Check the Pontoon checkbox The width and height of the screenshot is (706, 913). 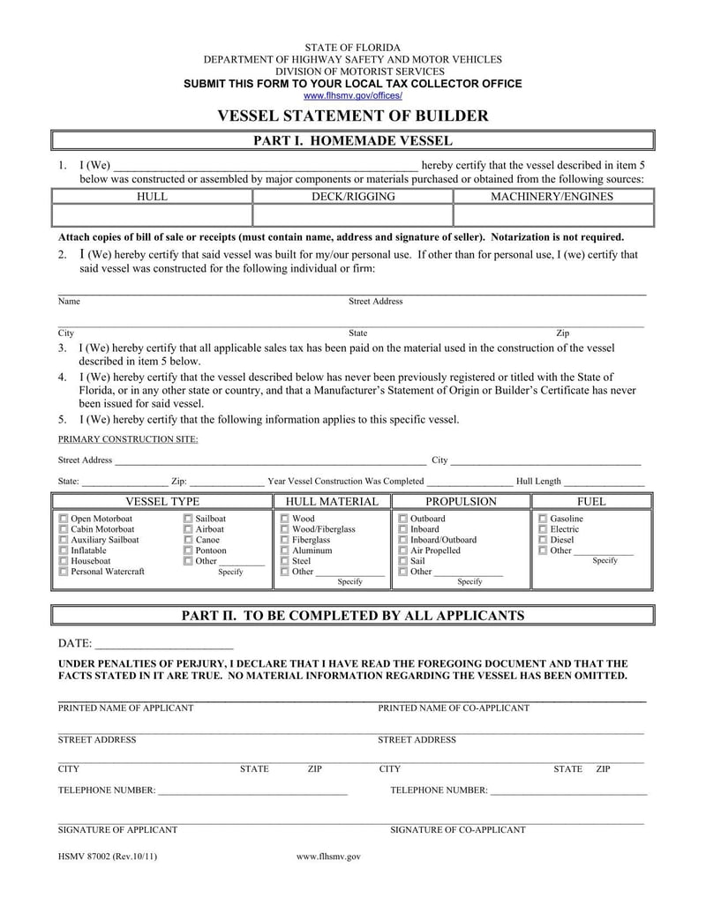coord(188,550)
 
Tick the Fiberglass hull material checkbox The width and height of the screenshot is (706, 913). coord(284,540)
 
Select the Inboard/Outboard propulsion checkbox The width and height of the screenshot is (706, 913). coord(402,540)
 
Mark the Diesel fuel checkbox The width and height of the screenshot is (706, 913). coord(543,540)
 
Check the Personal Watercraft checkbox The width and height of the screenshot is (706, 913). coord(63,572)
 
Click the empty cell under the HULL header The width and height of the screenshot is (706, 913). coord(153,216)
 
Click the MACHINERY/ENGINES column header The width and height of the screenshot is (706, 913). coord(552,197)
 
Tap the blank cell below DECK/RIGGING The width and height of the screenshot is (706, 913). coord(352,216)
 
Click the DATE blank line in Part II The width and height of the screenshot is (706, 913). coord(163,645)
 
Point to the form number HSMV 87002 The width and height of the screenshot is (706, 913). coord(108,857)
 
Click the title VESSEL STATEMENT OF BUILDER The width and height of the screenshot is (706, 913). coord(352,116)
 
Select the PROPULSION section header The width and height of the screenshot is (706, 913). coord(461,502)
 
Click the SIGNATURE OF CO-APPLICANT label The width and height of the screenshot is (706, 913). coord(457,830)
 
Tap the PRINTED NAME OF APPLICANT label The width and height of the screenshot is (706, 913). coord(125,708)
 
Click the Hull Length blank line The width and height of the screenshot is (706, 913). coord(604,482)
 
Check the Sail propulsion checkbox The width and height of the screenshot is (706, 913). coord(402,561)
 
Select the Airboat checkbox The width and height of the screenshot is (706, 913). coord(188,529)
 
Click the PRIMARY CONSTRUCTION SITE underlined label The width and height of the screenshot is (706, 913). coord(128,439)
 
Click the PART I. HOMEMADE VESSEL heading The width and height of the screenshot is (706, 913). coord(352,141)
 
